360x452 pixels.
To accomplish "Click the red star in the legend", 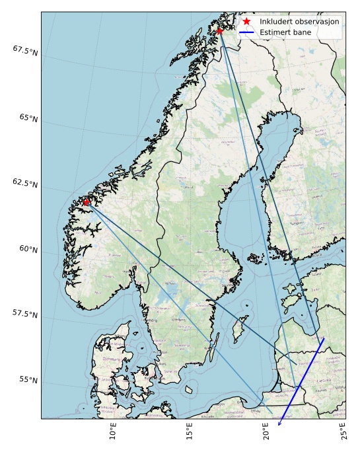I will (246, 22).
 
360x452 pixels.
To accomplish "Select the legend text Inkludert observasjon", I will (299, 22).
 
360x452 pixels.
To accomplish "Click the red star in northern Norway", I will (220, 31).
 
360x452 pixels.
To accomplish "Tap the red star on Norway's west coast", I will (87, 202).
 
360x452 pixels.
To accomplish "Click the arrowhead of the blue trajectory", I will (279, 424).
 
